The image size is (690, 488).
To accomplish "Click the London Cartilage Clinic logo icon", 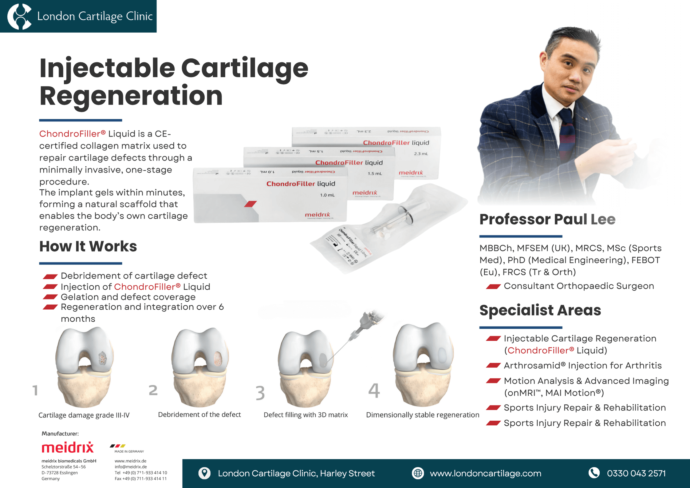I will click(19, 16).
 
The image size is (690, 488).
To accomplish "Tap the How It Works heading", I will click(88, 246).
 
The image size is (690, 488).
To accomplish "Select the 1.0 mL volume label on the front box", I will click(327, 195).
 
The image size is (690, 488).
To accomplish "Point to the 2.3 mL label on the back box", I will click(420, 154).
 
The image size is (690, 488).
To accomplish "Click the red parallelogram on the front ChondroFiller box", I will click(250, 204).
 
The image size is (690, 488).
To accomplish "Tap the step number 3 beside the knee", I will click(260, 393).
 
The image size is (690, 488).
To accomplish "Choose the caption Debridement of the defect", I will click(199, 415).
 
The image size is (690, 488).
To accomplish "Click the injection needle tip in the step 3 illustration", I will click(328, 361).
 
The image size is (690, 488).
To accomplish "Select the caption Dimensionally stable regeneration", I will click(422, 415).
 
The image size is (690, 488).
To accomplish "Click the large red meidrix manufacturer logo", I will click(68, 447).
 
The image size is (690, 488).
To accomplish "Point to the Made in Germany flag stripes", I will click(118, 446).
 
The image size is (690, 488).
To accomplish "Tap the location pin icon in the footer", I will click(204, 473).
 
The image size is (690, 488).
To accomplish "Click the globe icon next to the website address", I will click(418, 473).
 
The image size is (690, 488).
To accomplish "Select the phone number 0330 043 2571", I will click(636, 473).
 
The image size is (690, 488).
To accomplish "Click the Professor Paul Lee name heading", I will click(547, 220).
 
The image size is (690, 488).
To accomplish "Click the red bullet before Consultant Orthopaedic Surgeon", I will click(493, 287).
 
